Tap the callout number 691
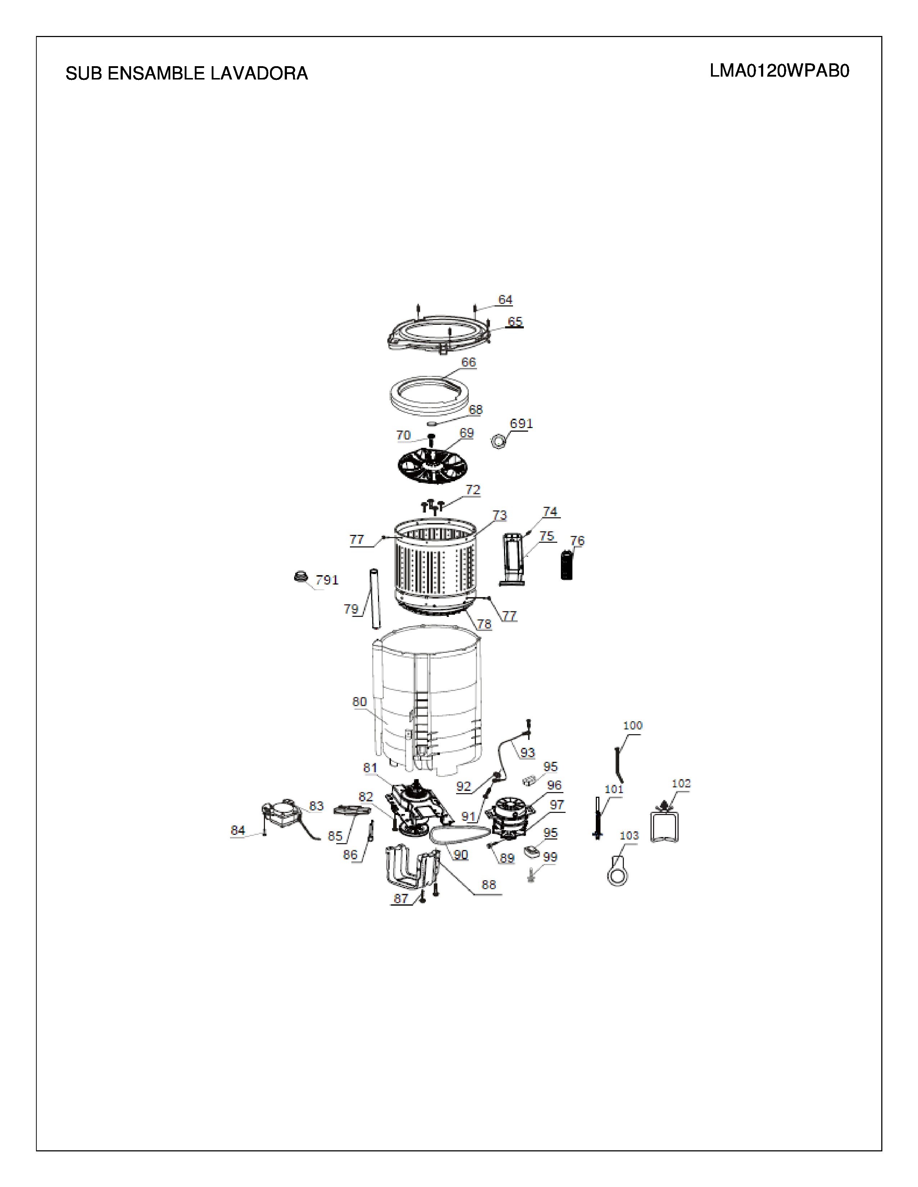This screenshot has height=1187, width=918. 521,423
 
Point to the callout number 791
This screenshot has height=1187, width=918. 327,580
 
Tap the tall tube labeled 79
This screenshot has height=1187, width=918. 375,598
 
